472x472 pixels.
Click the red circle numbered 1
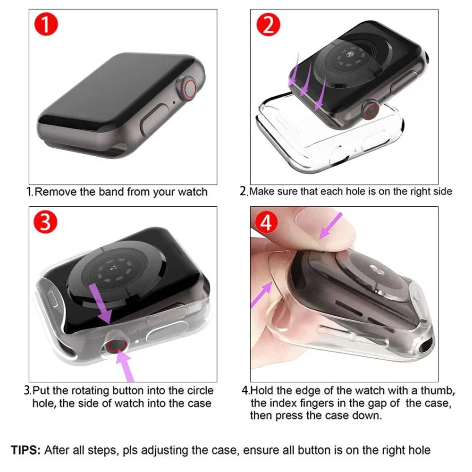(x=46, y=25)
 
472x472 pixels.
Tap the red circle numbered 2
(x=268, y=25)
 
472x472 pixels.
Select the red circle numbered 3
(x=45, y=222)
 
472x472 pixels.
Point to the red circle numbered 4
(x=266, y=223)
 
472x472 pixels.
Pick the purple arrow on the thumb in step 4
(x=330, y=226)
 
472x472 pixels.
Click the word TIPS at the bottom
(x=26, y=450)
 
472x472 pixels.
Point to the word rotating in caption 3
(x=89, y=390)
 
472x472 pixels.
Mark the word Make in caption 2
(x=262, y=192)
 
